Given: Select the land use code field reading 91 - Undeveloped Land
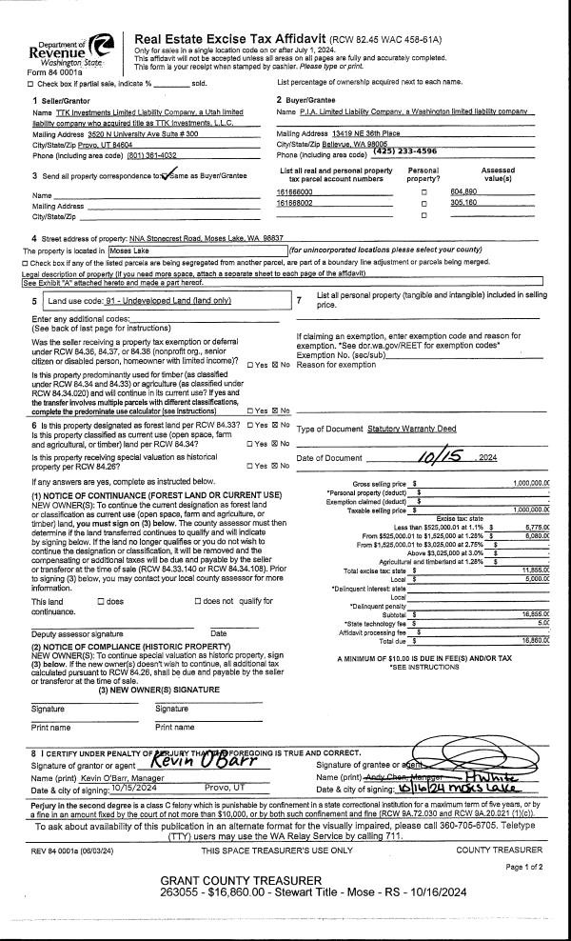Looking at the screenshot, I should pos(152,301).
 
